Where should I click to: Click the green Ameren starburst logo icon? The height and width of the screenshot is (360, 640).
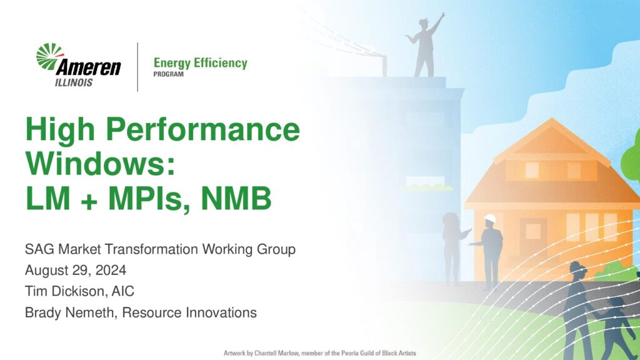tap(49, 56)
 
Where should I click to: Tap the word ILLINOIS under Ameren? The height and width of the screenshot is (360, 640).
tap(74, 82)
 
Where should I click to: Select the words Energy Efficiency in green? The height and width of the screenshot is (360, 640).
tap(201, 63)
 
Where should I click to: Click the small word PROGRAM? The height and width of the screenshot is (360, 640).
tap(169, 74)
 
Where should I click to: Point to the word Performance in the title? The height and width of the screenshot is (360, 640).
tap(203, 130)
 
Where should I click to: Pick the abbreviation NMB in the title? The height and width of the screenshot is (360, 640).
tap(236, 198)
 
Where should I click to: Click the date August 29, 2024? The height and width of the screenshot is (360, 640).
tap(76, 270)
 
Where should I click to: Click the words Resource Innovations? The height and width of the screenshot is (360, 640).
tap(189, 312)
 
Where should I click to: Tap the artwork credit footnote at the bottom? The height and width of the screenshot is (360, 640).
tap(319, 353)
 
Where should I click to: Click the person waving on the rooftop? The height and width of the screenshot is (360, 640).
tap(425, 45)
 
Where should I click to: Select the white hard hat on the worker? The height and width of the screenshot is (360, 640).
tap(490, 219)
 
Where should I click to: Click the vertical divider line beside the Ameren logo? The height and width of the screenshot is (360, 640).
tap(137, 67)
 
